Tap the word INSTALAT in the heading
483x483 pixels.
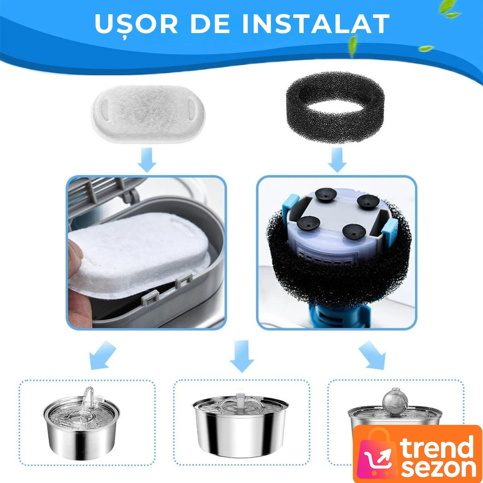(316, 24)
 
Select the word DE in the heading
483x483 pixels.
(210, 24)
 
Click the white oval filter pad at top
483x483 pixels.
(148, 114)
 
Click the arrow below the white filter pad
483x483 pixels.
(147, 160)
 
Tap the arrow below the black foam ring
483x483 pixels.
(337, 160)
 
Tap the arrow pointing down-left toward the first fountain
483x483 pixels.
(102, 355)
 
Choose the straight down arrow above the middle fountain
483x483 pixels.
(242, 356)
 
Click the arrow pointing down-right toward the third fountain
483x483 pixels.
(372, 355)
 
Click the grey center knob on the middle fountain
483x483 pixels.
(240, 400)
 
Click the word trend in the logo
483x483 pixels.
(437, 447)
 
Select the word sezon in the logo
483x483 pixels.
(439, 469)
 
